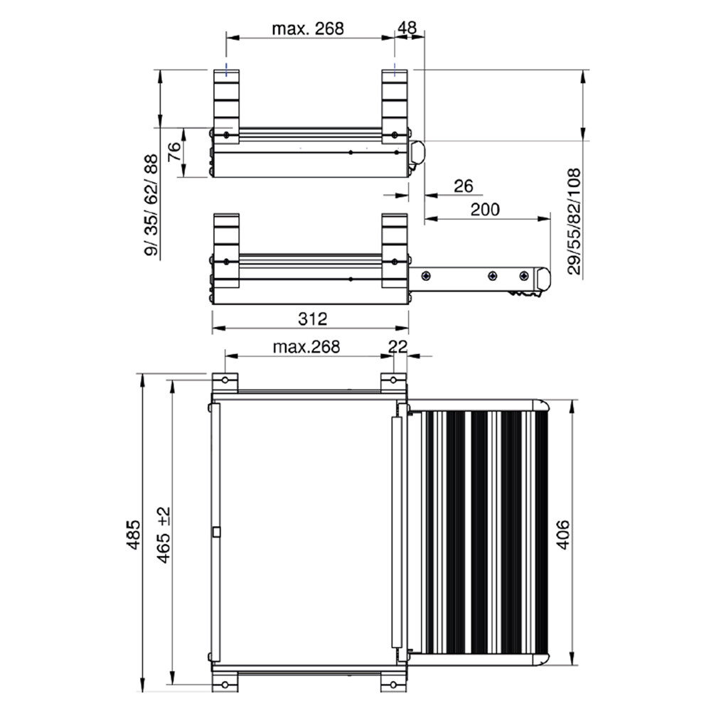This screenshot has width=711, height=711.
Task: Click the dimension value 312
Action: [312, 319]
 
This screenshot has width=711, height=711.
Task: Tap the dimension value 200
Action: [485, 209]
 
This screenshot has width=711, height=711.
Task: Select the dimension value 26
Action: [463, 186]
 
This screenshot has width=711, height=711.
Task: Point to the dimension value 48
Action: [407, 28]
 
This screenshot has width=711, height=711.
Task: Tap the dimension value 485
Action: [132, 533]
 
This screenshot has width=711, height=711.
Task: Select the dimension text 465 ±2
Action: [164, 535]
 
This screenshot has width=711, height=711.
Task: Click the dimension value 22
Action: [397, 346]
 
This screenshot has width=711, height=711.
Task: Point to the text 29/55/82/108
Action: [575, 221]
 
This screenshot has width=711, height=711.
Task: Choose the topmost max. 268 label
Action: [308, 28]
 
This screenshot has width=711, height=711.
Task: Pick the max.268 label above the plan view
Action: [306, 347]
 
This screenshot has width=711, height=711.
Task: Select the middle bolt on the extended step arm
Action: [491, 275]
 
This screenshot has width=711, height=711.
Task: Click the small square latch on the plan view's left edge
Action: [215, 531]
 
